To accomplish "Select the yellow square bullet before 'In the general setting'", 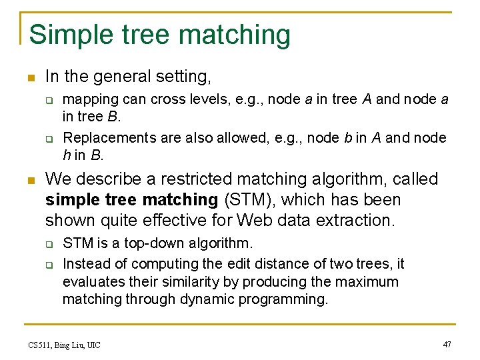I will (x=27, y=77).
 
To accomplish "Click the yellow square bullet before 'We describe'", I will (x=27, y=180).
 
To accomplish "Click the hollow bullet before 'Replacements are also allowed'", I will (x=49, y=139).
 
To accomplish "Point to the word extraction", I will (x=358, y=220).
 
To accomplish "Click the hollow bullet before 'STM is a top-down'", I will (x=49, y=244).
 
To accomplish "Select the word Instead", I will (x=85, y=264).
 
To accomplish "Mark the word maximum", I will (x=369, y=282).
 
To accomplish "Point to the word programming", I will (x=287, y=300).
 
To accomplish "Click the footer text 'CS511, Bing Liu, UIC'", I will (x=64, y=345).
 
